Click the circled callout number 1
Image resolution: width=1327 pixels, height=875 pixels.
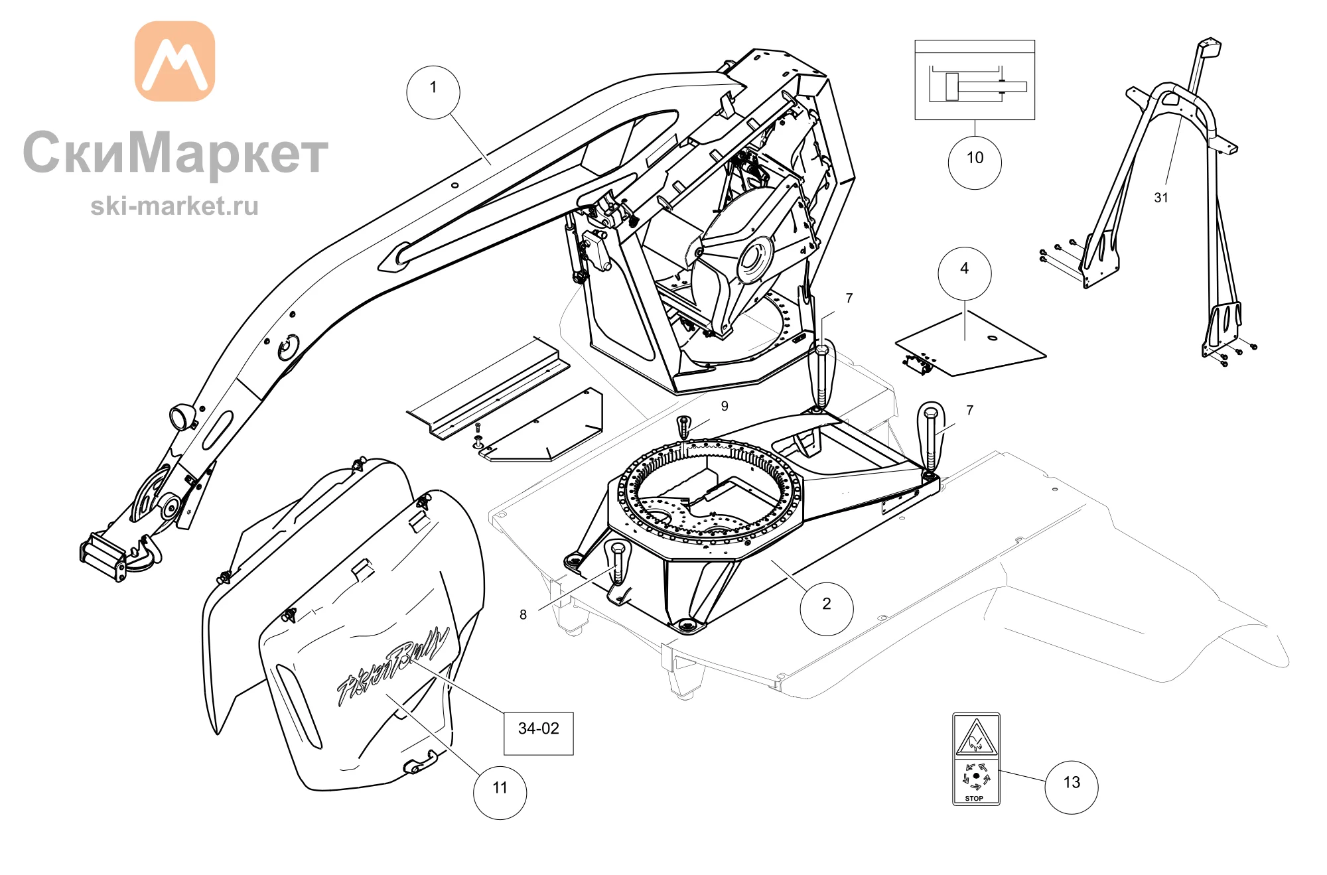click(433, 92)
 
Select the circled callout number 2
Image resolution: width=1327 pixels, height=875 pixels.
click(827, 608)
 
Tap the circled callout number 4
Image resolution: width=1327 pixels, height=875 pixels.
click(965, 273)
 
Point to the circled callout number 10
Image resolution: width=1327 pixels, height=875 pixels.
click(975, 163)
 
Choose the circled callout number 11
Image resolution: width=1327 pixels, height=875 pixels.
click(500, 792)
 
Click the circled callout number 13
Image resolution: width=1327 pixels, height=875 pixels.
click(1072, 787)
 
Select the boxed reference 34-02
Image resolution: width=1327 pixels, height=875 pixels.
click(539, 733)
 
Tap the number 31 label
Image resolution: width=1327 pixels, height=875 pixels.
click(1161, 198)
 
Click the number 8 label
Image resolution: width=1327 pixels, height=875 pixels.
click(523, 615)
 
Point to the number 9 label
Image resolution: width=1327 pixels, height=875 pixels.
click(725, 406)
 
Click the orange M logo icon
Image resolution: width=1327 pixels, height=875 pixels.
click(175, 61)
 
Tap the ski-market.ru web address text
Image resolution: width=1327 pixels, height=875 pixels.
click(175, 206)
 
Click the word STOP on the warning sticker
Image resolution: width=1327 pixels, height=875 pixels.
click(974, 798)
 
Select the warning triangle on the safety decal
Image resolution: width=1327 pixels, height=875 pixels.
click(976, 738)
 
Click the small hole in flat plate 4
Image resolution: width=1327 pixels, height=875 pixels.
click(993, 338)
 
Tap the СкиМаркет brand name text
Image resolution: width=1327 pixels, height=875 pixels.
click(176, 153)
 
